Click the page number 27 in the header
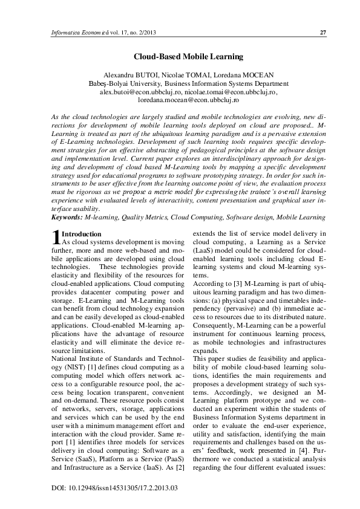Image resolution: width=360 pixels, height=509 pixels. pos(323,32)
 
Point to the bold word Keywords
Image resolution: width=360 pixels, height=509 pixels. pos(67,215)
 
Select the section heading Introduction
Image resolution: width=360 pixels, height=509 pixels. pos(82,233)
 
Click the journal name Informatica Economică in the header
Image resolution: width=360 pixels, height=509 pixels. pos(81,32)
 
